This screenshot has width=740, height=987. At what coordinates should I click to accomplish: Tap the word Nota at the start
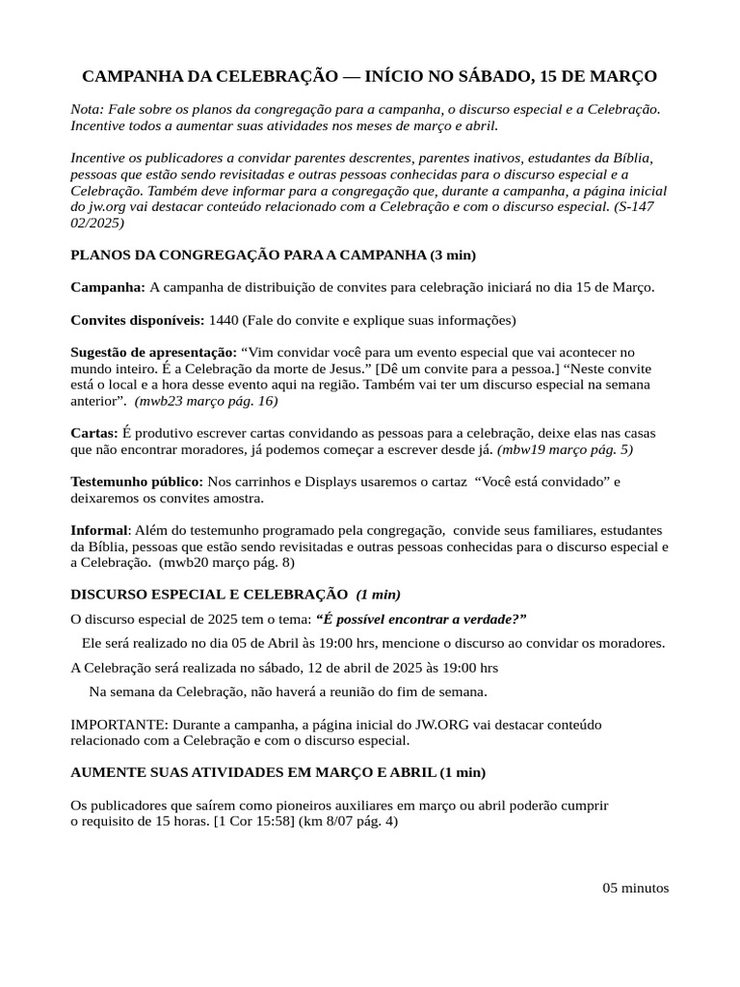click(x=87, y=109)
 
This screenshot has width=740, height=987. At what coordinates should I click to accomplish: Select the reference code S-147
click(x=635, y=207)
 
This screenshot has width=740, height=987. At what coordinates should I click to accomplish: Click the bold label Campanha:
click(x=108, y=287)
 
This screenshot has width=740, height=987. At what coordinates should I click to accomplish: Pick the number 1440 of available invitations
click(x=224, y=320)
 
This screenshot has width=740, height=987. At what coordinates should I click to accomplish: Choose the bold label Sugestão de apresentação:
click(x=153, y=353)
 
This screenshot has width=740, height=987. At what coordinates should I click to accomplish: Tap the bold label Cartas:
click(x=94, y=433)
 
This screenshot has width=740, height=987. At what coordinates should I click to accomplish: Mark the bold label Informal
click(x=98, y=530)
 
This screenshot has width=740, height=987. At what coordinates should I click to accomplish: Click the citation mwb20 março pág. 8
click(x=226, y=562)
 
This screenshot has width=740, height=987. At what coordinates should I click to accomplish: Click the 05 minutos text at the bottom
click(x=636, y=888)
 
